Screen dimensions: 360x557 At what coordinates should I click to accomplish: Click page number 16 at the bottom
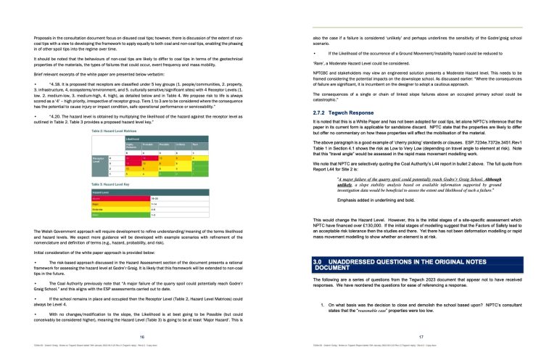[142, 338]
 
